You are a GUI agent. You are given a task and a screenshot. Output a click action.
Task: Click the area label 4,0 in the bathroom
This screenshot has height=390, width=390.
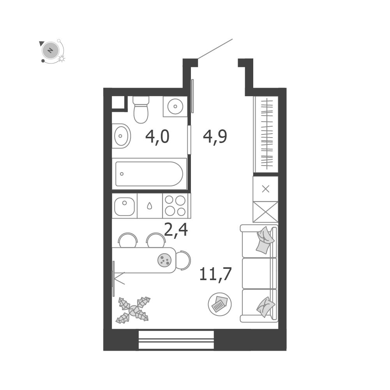click(157, 137)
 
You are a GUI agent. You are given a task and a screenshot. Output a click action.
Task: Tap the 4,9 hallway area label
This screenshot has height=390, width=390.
click(215, 137)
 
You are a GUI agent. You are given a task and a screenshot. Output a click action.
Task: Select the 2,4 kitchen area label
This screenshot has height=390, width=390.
click(176, 230)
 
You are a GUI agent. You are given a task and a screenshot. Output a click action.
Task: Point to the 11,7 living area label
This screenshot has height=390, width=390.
click(215, 274)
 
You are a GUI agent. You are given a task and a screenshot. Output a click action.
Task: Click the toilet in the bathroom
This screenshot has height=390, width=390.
click(141, 110)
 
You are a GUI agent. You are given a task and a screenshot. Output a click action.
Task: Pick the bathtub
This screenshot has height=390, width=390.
click(149, 174)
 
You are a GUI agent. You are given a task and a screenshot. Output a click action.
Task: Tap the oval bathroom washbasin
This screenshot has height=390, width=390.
click(121, 136)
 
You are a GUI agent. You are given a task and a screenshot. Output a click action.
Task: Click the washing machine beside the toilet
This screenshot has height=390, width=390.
click(175, 106)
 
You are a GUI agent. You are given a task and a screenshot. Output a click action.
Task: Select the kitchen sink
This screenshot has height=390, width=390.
click(124, 206)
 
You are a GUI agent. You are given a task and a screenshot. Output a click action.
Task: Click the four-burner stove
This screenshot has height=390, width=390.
click(176, 206)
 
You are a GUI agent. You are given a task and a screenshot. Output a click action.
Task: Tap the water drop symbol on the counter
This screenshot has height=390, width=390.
click(150, 206)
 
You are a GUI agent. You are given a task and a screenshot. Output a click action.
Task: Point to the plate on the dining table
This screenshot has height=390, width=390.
click(164, 260)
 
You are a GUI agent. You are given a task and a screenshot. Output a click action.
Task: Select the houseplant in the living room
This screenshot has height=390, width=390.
click(133, 310)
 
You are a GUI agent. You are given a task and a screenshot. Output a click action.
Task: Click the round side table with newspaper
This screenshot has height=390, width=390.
click(220, 304)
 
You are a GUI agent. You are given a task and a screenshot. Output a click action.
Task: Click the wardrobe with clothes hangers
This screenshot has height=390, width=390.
click(266, 134)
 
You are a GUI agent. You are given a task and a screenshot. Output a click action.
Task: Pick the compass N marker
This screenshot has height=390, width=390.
click(51, 51)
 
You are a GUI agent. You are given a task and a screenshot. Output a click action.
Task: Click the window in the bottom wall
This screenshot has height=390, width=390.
click(176, 340)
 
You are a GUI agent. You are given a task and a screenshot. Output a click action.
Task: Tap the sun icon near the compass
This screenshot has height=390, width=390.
click(62, 59)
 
